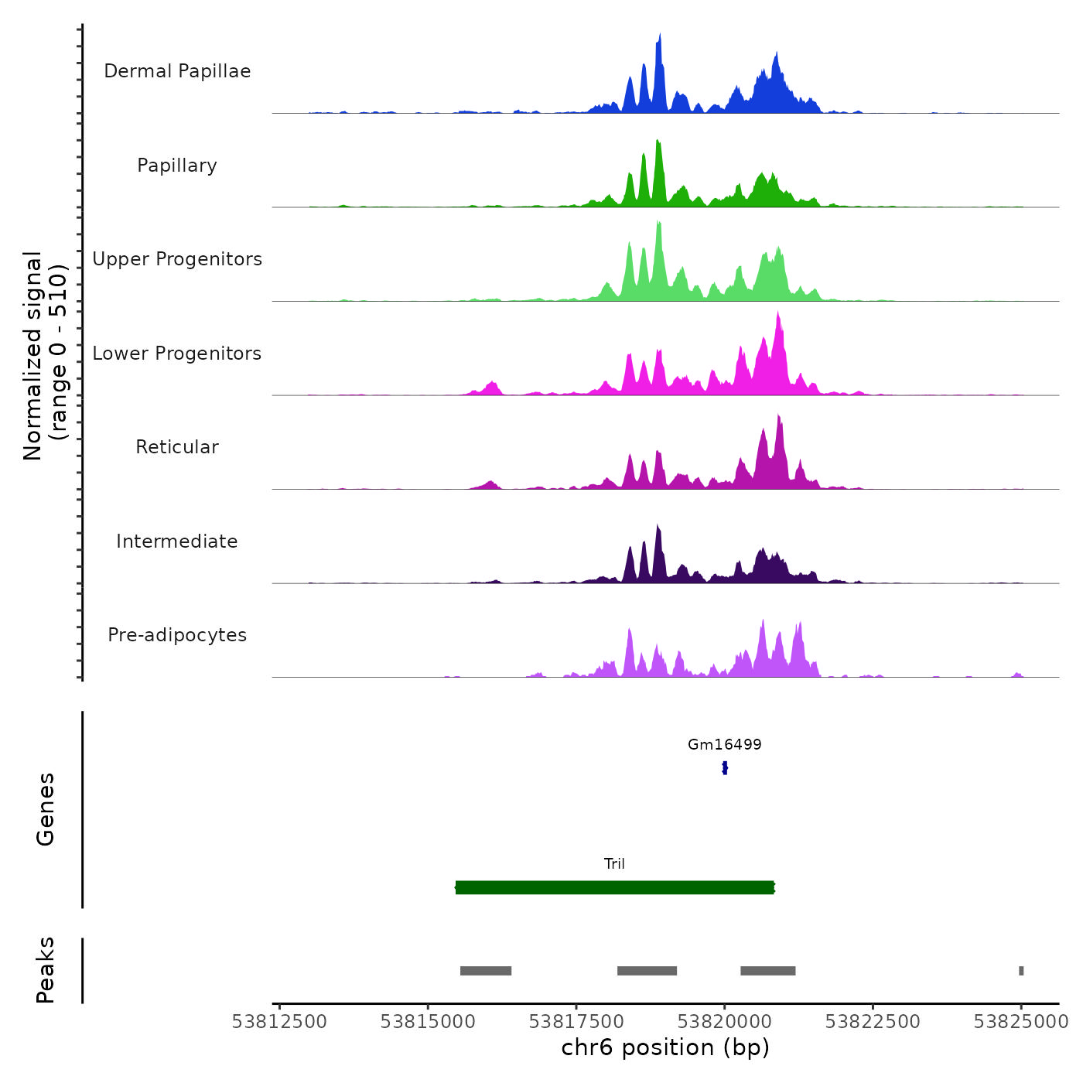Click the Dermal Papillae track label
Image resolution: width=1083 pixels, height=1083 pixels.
177,71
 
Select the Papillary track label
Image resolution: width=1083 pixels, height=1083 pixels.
177,166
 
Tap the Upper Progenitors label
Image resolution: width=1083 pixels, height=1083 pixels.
177,259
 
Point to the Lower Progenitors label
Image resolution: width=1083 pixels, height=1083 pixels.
177,354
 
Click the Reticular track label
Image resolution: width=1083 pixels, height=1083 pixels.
177,447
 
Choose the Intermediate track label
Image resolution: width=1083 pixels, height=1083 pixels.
177,541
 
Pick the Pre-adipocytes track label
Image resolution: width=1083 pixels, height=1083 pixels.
177,635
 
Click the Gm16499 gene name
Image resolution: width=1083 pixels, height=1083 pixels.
725,745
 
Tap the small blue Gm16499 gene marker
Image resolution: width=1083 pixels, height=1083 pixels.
725,767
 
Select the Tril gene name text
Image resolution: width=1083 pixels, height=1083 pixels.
614,864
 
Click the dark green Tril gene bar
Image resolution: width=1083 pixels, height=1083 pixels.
614,887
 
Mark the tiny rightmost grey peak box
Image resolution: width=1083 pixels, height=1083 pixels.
1021,971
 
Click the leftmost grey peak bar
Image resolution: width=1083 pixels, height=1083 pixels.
486,971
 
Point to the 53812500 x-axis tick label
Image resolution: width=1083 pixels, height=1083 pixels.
279,1022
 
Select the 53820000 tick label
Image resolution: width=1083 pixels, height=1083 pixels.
725,1022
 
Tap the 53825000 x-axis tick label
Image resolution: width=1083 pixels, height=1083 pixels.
1021,1022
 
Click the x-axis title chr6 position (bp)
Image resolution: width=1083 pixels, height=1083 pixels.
665,1047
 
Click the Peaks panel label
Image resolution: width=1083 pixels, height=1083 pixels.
46,970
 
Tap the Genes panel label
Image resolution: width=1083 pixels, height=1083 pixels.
46,809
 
